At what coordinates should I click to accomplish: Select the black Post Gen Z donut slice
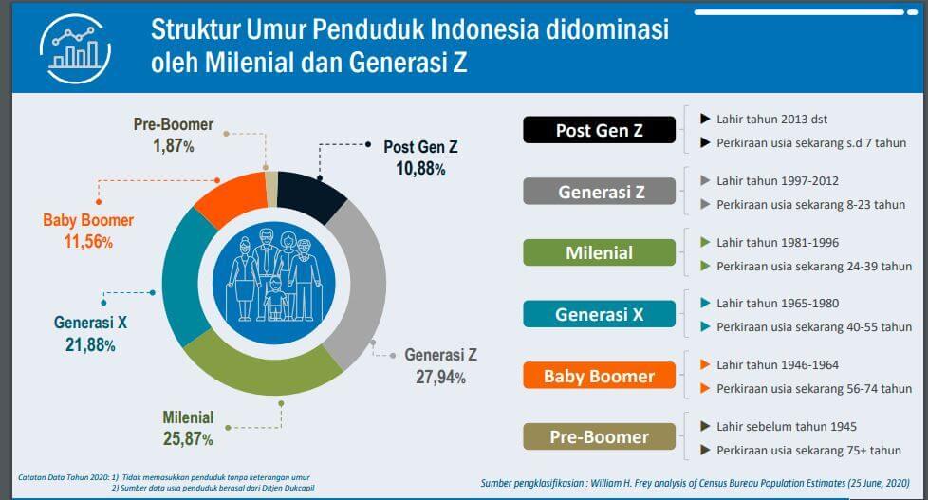click(x=310, y=195)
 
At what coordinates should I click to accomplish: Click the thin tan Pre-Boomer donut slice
click(x=271, y=189)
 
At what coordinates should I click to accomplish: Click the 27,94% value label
click(x=440, y=377)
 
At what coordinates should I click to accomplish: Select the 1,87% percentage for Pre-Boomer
click(x=174, y=145)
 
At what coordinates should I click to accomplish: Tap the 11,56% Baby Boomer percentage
click(x=88, y=241)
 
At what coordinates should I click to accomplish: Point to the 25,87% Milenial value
click(x=188, y=439)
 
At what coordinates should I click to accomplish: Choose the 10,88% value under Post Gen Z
click(x=420, y=169)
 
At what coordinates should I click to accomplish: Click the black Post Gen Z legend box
click(x=599, y=130)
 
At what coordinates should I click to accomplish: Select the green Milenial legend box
click(x=599, y=252)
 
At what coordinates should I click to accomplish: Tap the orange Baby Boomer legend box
click(x=599, y=376)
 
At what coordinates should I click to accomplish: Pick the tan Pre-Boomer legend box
click(x=599, y=436)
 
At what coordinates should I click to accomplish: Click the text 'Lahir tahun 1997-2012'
click(x=778, y=181)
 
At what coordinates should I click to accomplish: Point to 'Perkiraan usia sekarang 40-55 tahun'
click(x=814, y=327)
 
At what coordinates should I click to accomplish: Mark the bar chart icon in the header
click(x=75, y=48)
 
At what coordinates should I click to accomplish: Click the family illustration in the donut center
click(x=274, y=283)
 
